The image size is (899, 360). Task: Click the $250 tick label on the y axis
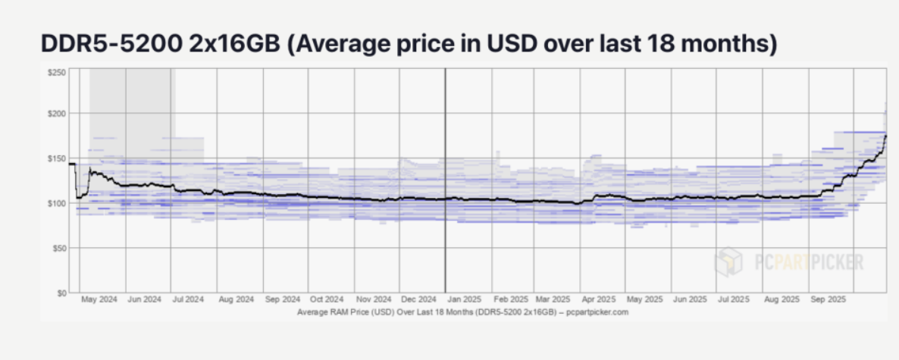coord(57,72)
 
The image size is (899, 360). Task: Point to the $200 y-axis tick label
coord(57,114)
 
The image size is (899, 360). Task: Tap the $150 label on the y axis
coord(57,158)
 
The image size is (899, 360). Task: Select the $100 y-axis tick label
coord(57,203)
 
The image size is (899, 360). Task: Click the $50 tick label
coord(58,248)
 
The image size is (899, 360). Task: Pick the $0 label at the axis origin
coord(61,292)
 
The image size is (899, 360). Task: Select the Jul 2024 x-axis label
coord(188,300)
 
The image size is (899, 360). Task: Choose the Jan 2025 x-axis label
coord(462,300)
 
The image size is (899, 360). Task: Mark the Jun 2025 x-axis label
coord(690,300)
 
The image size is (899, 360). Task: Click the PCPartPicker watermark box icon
coord(728,262)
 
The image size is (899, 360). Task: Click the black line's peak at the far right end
coord(885,136)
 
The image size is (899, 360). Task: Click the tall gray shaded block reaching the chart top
coord(130,102)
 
